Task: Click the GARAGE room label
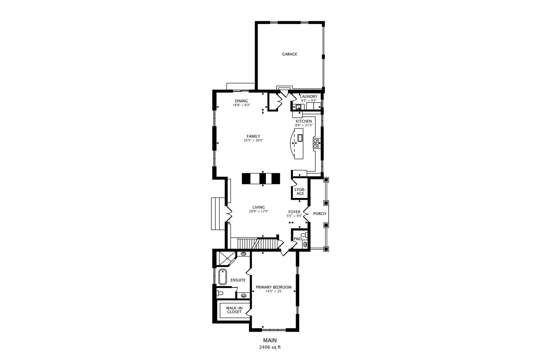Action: point(290,54)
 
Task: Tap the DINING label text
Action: point(241,101)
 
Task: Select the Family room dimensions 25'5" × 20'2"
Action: point(253,140)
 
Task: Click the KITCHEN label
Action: point(304,121)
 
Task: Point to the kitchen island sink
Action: point(300,138)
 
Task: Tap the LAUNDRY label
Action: point(309,96)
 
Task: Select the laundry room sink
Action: point(298,107)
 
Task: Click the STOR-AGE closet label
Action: point(300,192)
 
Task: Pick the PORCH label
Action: point(319,214)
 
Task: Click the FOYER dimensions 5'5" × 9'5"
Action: point(294,216)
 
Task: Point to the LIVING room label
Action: point(259,207)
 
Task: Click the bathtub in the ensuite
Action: point(223,277)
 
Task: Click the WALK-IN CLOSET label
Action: point(234,310)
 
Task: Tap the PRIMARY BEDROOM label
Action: point(274,287)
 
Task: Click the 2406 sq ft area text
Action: point(270,347)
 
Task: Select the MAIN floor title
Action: point(270,340)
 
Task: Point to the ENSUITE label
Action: point(238,280)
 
